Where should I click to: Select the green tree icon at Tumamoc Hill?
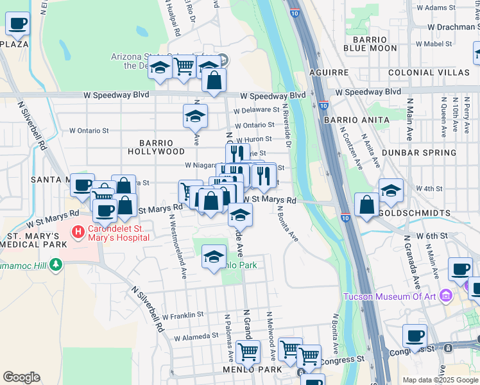point(56,264)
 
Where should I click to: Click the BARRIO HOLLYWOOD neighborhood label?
point(156,147)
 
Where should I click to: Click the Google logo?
point(21,377)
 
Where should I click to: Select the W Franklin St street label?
point(182,315)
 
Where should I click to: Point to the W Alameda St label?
point(197,336)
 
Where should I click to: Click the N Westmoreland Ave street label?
point(177,246)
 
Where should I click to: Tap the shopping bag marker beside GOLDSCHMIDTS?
point(366,205)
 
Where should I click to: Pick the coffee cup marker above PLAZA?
point(18,24)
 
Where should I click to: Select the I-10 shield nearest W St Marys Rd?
point(345,218)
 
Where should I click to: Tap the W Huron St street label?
point(253,139)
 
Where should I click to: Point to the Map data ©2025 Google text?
point(440,379)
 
